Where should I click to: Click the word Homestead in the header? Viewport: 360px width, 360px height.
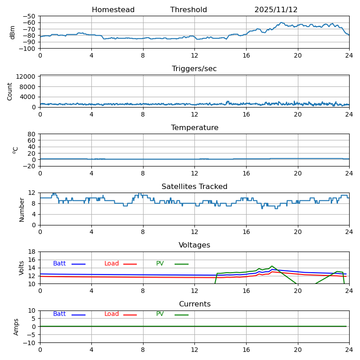pos(113,10)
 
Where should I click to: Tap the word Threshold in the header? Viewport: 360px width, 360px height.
pos(189,10)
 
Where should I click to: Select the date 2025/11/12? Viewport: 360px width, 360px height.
pos(276,10)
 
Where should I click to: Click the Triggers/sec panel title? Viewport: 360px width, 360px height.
pos(194,69)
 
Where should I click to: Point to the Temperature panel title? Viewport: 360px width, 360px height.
pos(194,128)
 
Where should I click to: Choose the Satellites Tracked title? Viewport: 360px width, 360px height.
pos(194,187)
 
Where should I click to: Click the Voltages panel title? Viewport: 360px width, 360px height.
pos(194,245)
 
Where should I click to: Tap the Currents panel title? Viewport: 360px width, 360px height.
pos(194,304)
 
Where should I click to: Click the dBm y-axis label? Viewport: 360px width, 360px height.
pos(13,32)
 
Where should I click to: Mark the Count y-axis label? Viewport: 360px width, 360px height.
pos(10,91)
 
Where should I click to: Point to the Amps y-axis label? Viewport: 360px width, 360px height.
pos(16,327)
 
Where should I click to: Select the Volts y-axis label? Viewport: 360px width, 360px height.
pos(22,268)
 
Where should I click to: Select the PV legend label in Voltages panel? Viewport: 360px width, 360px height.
pos(160,264)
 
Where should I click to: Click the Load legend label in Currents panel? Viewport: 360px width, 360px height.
pos(112,314)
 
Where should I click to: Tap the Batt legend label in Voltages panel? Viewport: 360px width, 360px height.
pos(59,264)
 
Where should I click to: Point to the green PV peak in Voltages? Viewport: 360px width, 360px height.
pos(272,266)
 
